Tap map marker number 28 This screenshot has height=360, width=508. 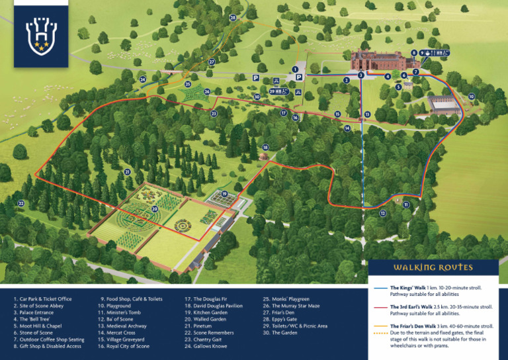(233, 17)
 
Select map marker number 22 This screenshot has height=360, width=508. (21, 203)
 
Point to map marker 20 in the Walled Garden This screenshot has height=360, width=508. (154, 209)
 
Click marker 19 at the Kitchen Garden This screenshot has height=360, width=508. (225, 194)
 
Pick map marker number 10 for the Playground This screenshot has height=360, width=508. (471, 97)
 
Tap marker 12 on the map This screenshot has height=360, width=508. (382, 213)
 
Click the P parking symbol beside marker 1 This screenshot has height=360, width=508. (299, 77)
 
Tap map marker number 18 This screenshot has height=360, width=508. (265, 147)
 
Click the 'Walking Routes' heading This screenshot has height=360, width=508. (433, 267)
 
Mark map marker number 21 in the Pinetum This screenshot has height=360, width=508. (126, 171)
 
